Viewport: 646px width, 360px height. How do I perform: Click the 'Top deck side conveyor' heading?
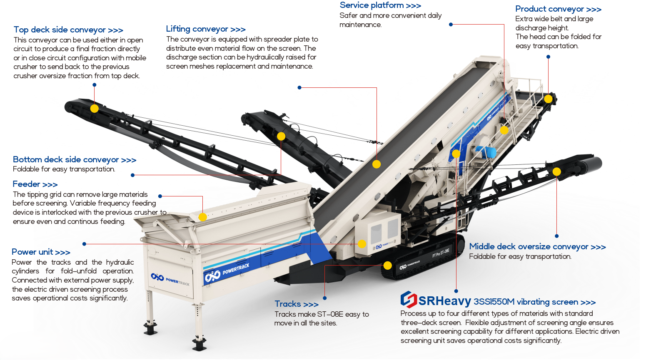pos(68,30)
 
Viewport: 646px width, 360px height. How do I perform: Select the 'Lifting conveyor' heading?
pos(206,29)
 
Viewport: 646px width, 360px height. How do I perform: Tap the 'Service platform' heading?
pos(380,5)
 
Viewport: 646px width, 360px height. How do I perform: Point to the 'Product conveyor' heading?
pos(559,9)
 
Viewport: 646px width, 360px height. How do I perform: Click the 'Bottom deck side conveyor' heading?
pos(75,159)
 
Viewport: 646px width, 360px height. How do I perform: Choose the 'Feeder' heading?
pos(35,184)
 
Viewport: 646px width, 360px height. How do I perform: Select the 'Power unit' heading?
pos(41,252)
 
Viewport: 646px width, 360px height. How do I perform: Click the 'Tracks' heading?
pos(297,304)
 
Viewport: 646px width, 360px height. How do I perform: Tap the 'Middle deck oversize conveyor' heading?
pos(537,246)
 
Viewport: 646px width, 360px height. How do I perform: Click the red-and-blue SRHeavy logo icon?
pos(409,300)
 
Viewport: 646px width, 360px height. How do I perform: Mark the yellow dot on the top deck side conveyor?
pos(94,108)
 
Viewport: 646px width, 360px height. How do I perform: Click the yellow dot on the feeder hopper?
pos(203,217)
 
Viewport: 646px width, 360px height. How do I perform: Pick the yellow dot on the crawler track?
pos(388,266)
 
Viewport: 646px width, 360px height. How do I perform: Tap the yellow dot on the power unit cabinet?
pos(362,244)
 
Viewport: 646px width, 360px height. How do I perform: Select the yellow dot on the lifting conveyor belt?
pos(377,164)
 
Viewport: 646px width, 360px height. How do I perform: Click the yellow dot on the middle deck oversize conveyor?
pos(556,172)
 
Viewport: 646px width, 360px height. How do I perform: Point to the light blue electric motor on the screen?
pos(486,152)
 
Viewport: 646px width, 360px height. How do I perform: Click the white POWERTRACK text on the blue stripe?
pos(236,269)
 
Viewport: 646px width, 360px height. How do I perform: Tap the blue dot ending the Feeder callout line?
pos(160,196)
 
